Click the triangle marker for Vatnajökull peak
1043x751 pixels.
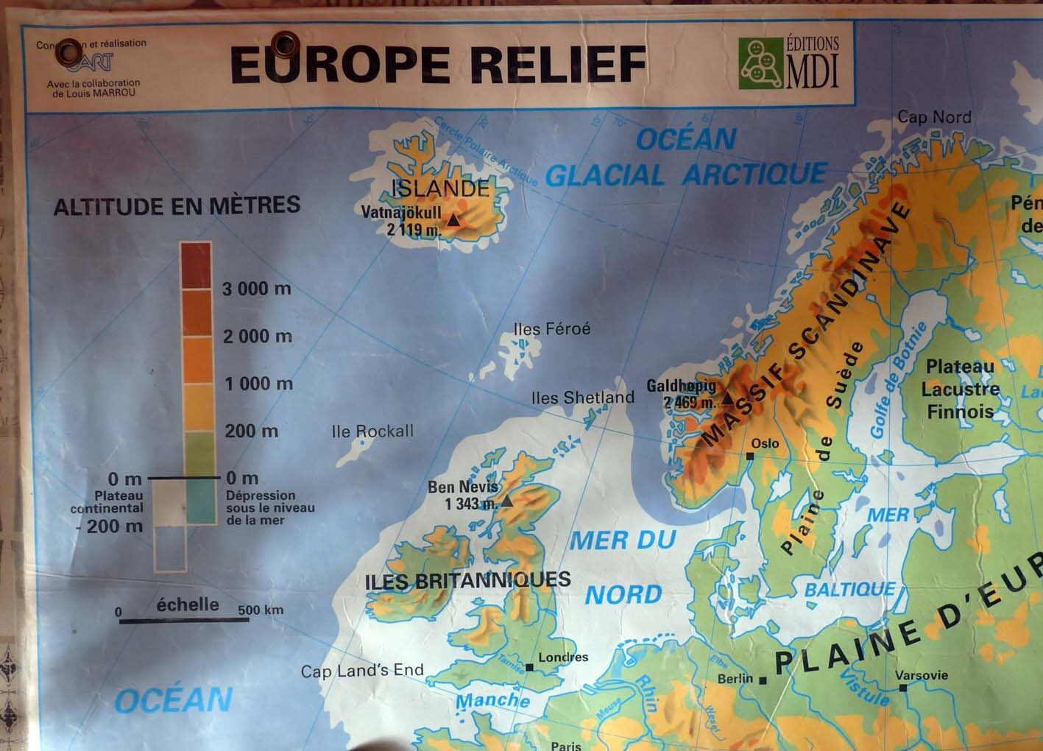[x=453, y=219]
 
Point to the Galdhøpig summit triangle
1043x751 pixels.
[x=727, y=398]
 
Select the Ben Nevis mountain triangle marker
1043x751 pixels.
[x=506, y=501]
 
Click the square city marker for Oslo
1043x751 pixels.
[x=749, y=456]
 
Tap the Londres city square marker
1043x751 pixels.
[x=530, y=668]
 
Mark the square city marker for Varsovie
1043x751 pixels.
[x=903, y=688]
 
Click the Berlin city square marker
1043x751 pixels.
[x=763, y=680]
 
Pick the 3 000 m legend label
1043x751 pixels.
[x=257, y=289]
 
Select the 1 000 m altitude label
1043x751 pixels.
[x=258, y=384]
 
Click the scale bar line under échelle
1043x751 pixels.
[x=184, y=621]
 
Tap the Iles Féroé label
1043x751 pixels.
[x=552, y=329]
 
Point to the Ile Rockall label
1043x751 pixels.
[x=372, y=431]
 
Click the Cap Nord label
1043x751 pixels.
[x=934, y=117]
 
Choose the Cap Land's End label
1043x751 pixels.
[x=362, y=671]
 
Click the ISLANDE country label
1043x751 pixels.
[x=440, y=188]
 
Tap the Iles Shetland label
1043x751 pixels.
[x=582, y=398]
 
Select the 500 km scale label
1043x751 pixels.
[x=261, y=610]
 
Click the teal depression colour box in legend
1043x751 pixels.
[x=201, y=501]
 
